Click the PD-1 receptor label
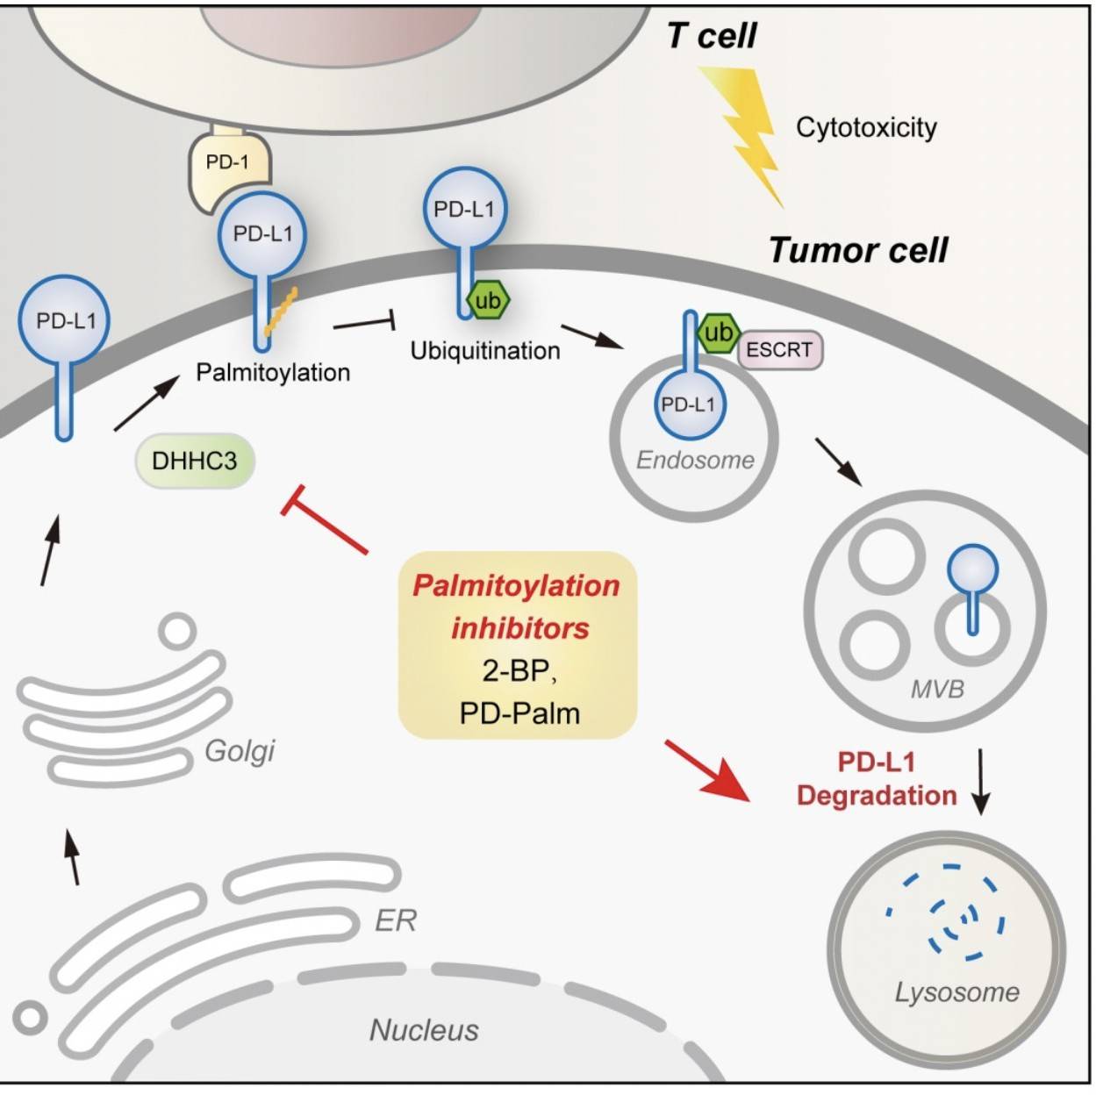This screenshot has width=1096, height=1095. click(x=227, y=162)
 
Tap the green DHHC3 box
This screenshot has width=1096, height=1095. click(x=194, y=461)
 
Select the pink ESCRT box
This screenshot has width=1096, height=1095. click(x=779, y=350)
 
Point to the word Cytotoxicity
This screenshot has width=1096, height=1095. click(x=866, y=128)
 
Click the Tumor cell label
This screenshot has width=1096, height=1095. click(x=858, y=250)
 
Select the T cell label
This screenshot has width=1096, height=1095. click(x=712, y=36)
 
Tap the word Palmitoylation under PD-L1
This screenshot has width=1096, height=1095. click(x=273, y=373)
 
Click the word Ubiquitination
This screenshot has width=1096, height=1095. click(x=485, y=351)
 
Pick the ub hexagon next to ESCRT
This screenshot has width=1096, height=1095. click(x=718, y=333)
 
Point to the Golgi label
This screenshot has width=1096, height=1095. click(x=240, y=751)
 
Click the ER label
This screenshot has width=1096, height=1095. click(x=395, y=920)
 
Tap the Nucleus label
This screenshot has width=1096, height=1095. click(x=425, y=1029)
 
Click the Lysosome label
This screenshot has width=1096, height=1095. click(x=957, y=992)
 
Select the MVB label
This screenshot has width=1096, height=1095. click(x=937, y=689)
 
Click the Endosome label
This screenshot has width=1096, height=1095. click(x=695, y=460)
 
